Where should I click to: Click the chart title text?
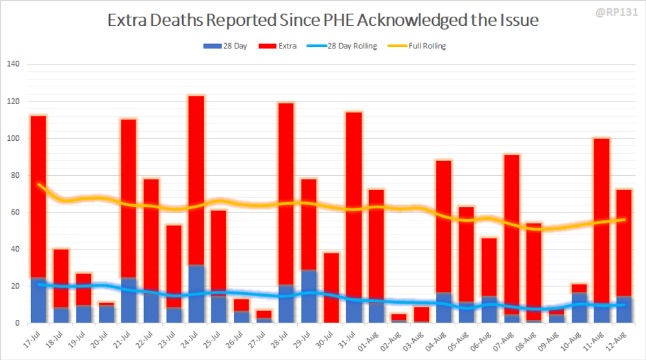[322, 21]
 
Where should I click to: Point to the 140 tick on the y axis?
[14, 65]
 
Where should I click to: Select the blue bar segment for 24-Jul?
[196, 295]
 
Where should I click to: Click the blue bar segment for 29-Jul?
[309, 297]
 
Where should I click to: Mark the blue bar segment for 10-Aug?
[579, 308]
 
